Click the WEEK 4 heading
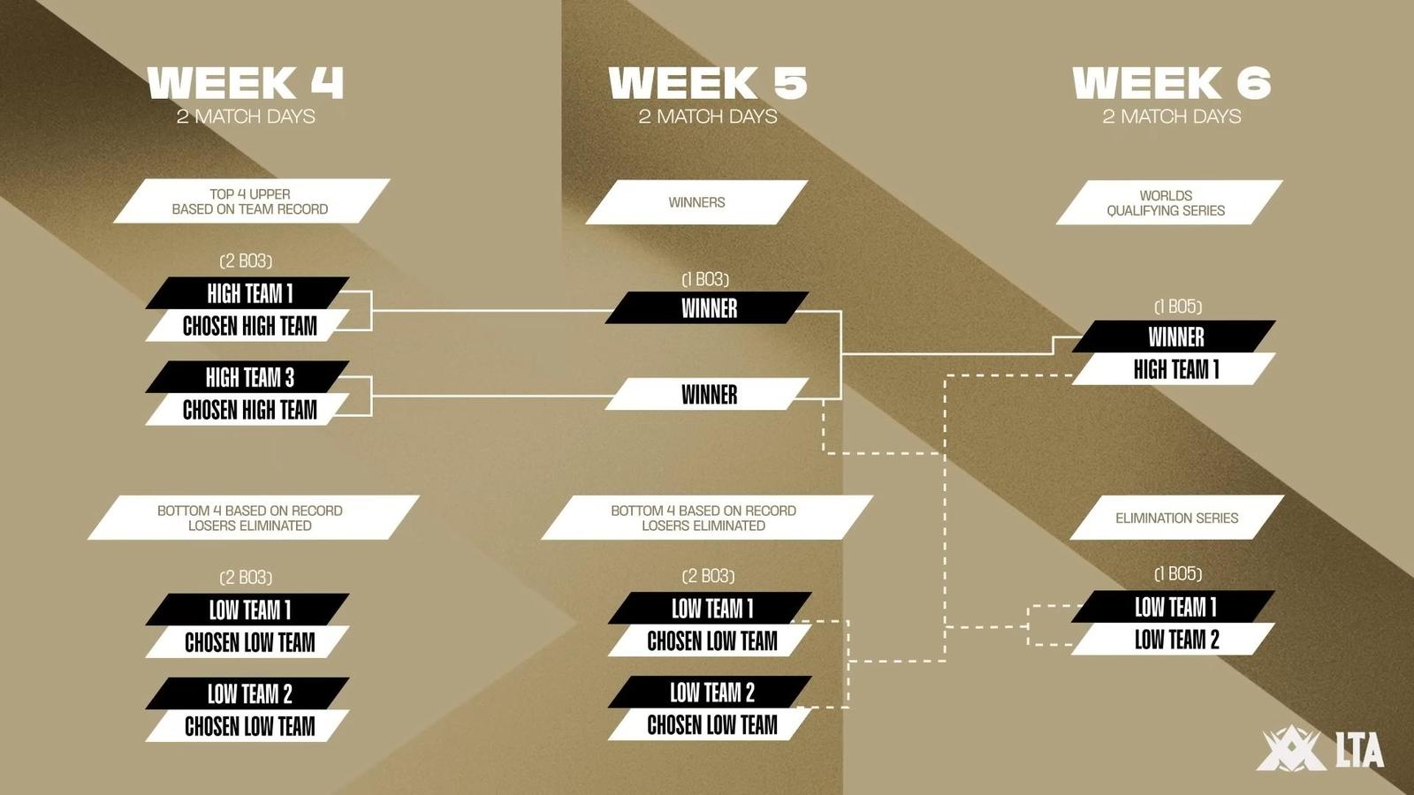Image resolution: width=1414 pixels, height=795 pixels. (x=246, y=83)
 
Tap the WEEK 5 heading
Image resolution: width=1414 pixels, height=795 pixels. (x=708, y=83)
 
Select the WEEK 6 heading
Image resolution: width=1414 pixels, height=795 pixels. (x=1172, y=83)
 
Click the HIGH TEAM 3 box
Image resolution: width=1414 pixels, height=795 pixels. (x=247, y=377)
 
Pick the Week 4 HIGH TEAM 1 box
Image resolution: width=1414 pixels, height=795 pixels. (x=247, y=293)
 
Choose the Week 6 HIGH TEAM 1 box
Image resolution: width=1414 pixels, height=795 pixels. (x=1175, y=369)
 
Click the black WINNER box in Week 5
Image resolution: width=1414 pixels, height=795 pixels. (x=707, y=308)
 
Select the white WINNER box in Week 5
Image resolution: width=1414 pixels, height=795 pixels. (x=707, y=394)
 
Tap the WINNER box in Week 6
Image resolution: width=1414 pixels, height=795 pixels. (x=1175, y=337)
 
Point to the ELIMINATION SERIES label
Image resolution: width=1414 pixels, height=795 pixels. (x=1176, y=518)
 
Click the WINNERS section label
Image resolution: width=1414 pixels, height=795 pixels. (x=697, y=202)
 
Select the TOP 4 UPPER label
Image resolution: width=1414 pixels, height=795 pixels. (x=251, y=201)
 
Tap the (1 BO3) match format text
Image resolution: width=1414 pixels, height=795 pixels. (x=705, y=279)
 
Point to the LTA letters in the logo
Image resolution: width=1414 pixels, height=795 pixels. (x=1360, y=750)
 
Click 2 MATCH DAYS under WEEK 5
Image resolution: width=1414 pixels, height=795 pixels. (x=708, y=117)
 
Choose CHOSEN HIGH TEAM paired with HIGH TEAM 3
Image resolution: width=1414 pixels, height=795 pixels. (x=247, y=410)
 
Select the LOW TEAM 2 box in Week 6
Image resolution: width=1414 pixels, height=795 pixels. (x=1175, y=640)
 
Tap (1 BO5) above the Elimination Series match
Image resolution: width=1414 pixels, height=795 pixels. (x=1178, y=574)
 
